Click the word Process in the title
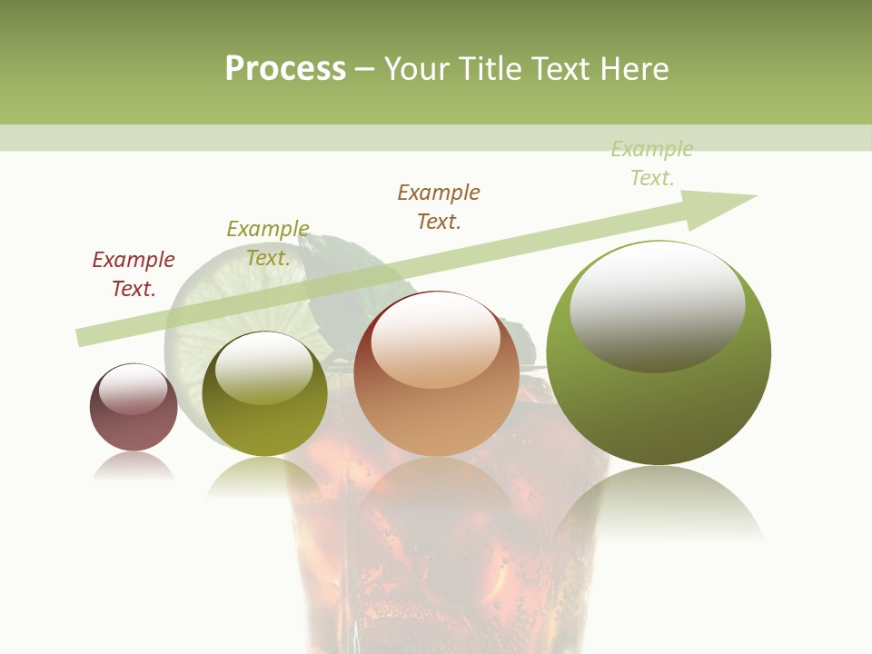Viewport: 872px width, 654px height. point(285,69)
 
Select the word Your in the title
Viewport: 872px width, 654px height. point(419,69)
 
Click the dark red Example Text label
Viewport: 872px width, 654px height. point(134,274)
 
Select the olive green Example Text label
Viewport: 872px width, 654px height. point(268,243)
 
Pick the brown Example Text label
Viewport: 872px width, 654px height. point(439,207)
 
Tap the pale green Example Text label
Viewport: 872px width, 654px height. point(652,163)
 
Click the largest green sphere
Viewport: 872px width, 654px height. point(659,400)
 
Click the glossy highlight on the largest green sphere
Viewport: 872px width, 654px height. point(658,304)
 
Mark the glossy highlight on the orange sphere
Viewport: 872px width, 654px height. point(435,341)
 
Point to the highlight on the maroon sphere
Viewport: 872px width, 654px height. point(133,389)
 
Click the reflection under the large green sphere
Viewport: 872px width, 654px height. point(659,504)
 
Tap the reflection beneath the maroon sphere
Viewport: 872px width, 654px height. point(134,467)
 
